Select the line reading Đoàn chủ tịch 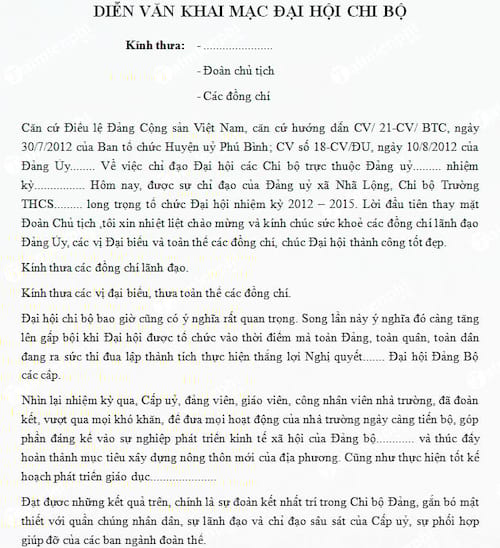click(238, 72)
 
